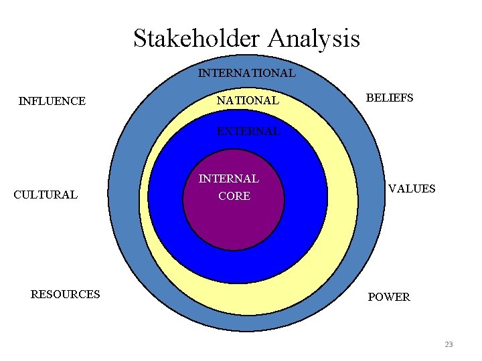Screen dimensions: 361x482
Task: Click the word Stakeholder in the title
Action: pyautogui.click(x=197, y=38)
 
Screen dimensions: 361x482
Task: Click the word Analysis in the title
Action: pyautogui.click(x=314, y=38)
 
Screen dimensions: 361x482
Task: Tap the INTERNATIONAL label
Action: pyautogui.click(x=246, y=73)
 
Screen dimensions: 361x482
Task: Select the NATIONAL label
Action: pyautogui.click(x=248, y=101)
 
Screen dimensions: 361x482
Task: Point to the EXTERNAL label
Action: pyautogui.click(x=248, y=132)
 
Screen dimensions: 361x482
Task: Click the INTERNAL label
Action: pyautogui.click(x=229, y=179)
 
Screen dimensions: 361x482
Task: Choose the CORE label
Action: pyautogui.click(x=234, y=197)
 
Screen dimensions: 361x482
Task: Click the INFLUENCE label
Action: pyautogui.click(x=52, y=102)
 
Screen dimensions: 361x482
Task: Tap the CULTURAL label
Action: pyautogui.click(x=46, y=195)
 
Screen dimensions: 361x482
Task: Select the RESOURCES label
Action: pyautogui.click(x=66, y=294)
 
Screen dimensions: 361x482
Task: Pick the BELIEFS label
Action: pyautogui.click(x=390, y=98)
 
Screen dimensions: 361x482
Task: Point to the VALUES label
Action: pyautogui.click(x=412, y=189)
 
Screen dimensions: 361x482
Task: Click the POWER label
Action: pyautogui.click(x=389, y=297)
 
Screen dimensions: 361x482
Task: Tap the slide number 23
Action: pyautogui.click(x=449, y=344)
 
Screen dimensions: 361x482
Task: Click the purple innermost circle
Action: pyautogui.click(x=234, y=221)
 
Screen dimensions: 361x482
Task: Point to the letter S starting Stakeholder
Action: pyautogui.click(x=140, y=38)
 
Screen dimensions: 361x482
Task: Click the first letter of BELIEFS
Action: pyautogui.click(x=369, y=98)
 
